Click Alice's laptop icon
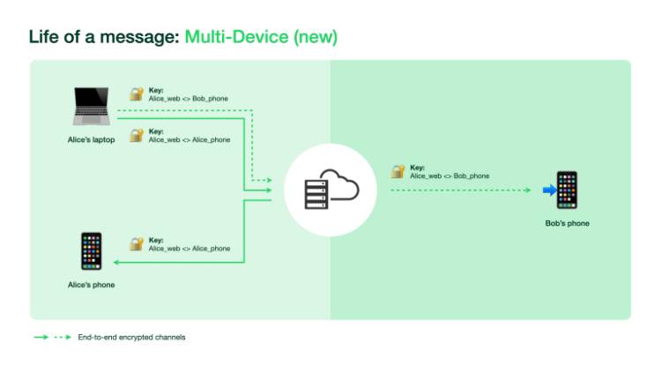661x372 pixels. tap(91, 107)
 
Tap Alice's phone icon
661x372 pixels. tap(91, 251)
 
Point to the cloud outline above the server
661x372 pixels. tap(339, 184)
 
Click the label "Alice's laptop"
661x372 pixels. tap(91, 139)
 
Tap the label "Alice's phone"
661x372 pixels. tap(91, 285)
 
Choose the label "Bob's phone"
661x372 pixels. tap(567, 223)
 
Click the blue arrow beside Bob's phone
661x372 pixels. tap(547, 190)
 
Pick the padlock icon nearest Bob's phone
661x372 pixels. tap(398, 171)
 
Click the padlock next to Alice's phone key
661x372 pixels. tap(137, 243)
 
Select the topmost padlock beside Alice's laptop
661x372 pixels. tap(137, 93)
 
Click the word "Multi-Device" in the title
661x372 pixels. tap(236, 37)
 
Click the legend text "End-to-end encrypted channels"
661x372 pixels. tap(131, 337)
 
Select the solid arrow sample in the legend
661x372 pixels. tap(41, 337)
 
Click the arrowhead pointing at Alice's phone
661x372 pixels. tap(115, 262)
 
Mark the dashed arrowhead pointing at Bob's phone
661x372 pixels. tap(529, 190)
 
